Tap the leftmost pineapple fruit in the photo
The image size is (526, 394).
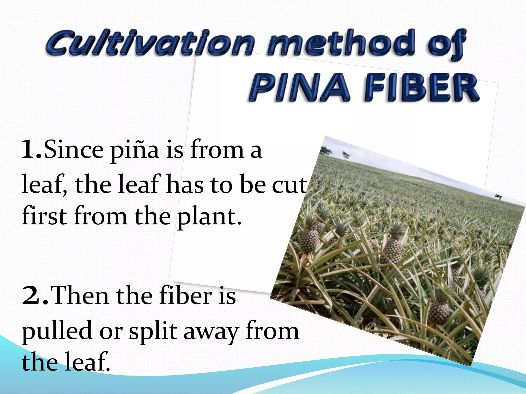[309, 240]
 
